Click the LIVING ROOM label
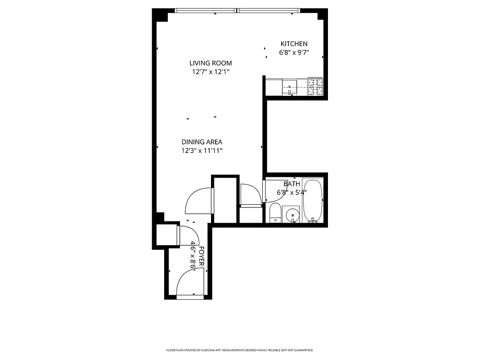click(210, 63)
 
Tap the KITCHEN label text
click(294, 44)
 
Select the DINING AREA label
click(202, 142)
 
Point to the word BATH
click(292, 184)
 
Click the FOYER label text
click(202, 257)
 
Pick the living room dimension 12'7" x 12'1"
click(210, 72)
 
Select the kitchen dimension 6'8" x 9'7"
click(294, 52)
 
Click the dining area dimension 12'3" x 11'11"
click(202, 151)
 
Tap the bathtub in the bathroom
click(313, 201)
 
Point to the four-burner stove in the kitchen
click(315, 87)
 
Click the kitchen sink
click(290, 85)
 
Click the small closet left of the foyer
click(166, 234)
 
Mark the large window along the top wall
click(237, 11)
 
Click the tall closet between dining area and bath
click(224, 200)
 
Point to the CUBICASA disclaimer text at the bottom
click(240, 350)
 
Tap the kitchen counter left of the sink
click(274, 87)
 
